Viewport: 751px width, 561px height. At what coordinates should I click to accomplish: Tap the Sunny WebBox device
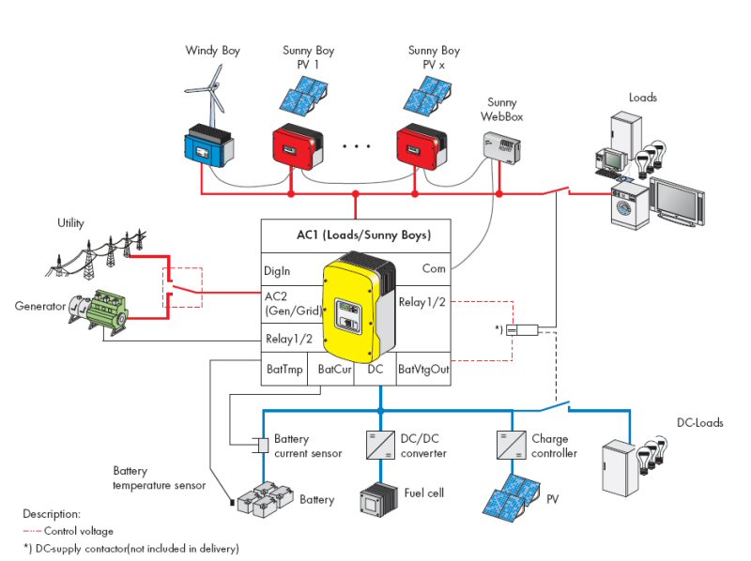point(502,144)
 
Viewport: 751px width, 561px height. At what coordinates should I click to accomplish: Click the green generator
point(101,311)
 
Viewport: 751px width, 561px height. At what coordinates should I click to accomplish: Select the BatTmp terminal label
point(284,370)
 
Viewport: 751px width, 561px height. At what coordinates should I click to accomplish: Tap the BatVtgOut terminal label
point(423,370)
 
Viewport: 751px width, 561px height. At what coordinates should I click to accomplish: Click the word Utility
point(70,223)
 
